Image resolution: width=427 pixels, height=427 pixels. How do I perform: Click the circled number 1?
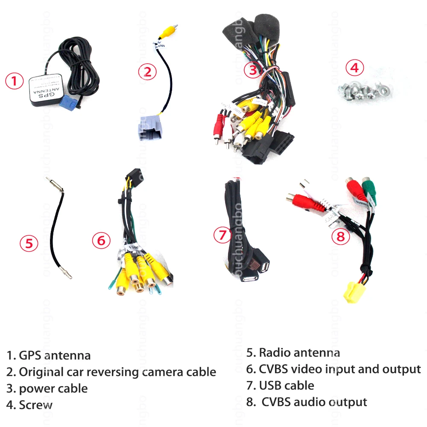[15, 81]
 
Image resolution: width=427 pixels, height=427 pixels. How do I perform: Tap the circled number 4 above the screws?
[355, 68]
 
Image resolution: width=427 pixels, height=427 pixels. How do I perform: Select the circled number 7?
[222, 235]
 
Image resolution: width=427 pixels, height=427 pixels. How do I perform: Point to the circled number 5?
[29, 243]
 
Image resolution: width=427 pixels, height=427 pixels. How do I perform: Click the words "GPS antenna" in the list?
[55, 355]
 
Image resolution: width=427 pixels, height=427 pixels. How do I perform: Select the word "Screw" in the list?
[36, 405]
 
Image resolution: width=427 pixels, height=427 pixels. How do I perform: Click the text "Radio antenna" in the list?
[299, 353]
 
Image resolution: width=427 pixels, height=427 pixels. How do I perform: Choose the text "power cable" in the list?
[53, 389]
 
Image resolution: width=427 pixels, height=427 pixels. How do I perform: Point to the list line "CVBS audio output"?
[314, 402]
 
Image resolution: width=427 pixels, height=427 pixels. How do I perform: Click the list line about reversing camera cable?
[117, 372]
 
